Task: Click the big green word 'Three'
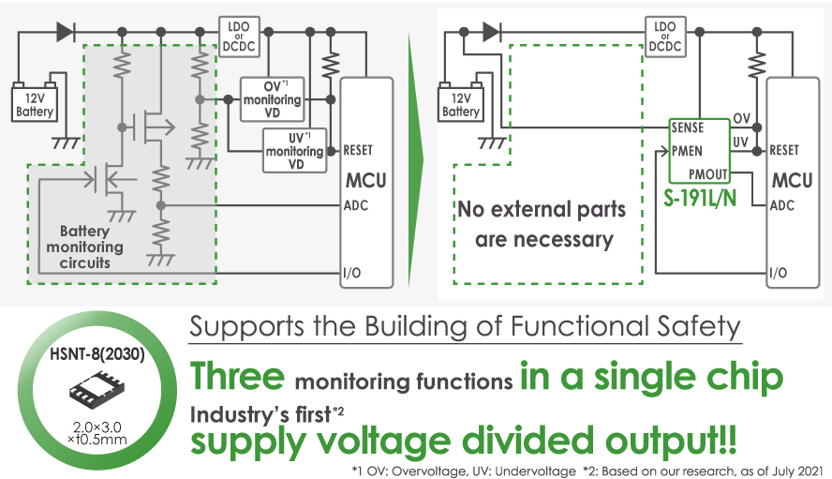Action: click(238, 377)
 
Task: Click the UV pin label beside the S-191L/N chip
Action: click(740, 142)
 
